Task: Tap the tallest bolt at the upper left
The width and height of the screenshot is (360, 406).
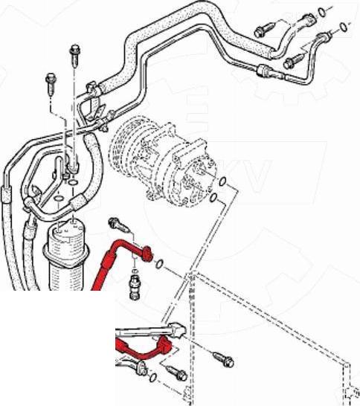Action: pos(74,52)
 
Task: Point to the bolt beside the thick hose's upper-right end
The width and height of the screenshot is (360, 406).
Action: pos(262,30)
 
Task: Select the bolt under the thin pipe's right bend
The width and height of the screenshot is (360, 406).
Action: pos(292,58)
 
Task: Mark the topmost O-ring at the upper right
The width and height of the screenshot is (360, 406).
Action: pos(321,12)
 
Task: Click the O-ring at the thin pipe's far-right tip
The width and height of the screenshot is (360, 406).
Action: pos(342,28)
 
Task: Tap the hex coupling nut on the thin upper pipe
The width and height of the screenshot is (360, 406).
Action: pos(263,71)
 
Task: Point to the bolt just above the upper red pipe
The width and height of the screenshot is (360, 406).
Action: pos(115,223)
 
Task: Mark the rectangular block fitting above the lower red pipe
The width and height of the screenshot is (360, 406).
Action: pos(177,328)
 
